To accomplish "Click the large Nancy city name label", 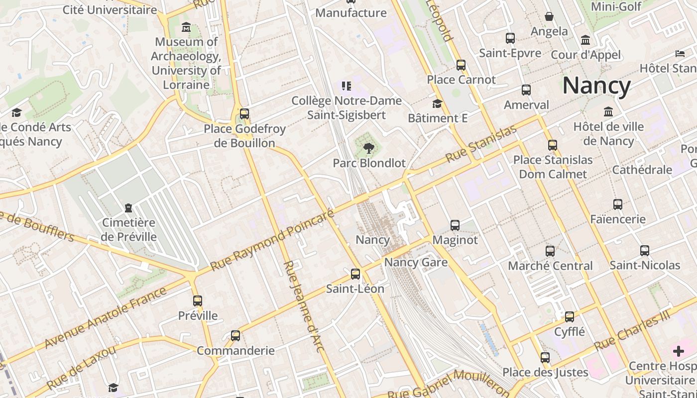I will click(x=596, y=86).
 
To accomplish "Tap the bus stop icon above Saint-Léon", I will click(x=355, y=274).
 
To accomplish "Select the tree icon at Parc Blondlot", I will click(x=368, y=147).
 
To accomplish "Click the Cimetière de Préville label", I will click(x=128, y=229).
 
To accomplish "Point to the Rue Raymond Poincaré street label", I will click(x=272, y=240).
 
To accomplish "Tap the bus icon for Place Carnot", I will click(x=461, y=65).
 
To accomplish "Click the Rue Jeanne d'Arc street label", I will click(x=304, y=306).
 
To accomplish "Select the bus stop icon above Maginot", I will click(x=455, y=225).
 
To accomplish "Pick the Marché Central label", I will click(x=550, y=266).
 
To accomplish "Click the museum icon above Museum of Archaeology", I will click(x=186, y=27).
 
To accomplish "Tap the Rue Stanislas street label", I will click(x=481, y=144).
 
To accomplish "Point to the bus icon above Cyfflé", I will click(x=569, y=316).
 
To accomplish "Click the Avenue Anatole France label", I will click(x=105, y=317).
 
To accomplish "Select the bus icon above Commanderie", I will click(x=235, y=335).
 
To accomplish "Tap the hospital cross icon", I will click(x=678, y=352).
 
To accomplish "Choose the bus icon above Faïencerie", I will click(x=617, y=204).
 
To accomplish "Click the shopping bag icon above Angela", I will click(x=549, y=16).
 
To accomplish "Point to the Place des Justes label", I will click(x=545, y=372).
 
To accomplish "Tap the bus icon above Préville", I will click(x=198, y=300).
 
